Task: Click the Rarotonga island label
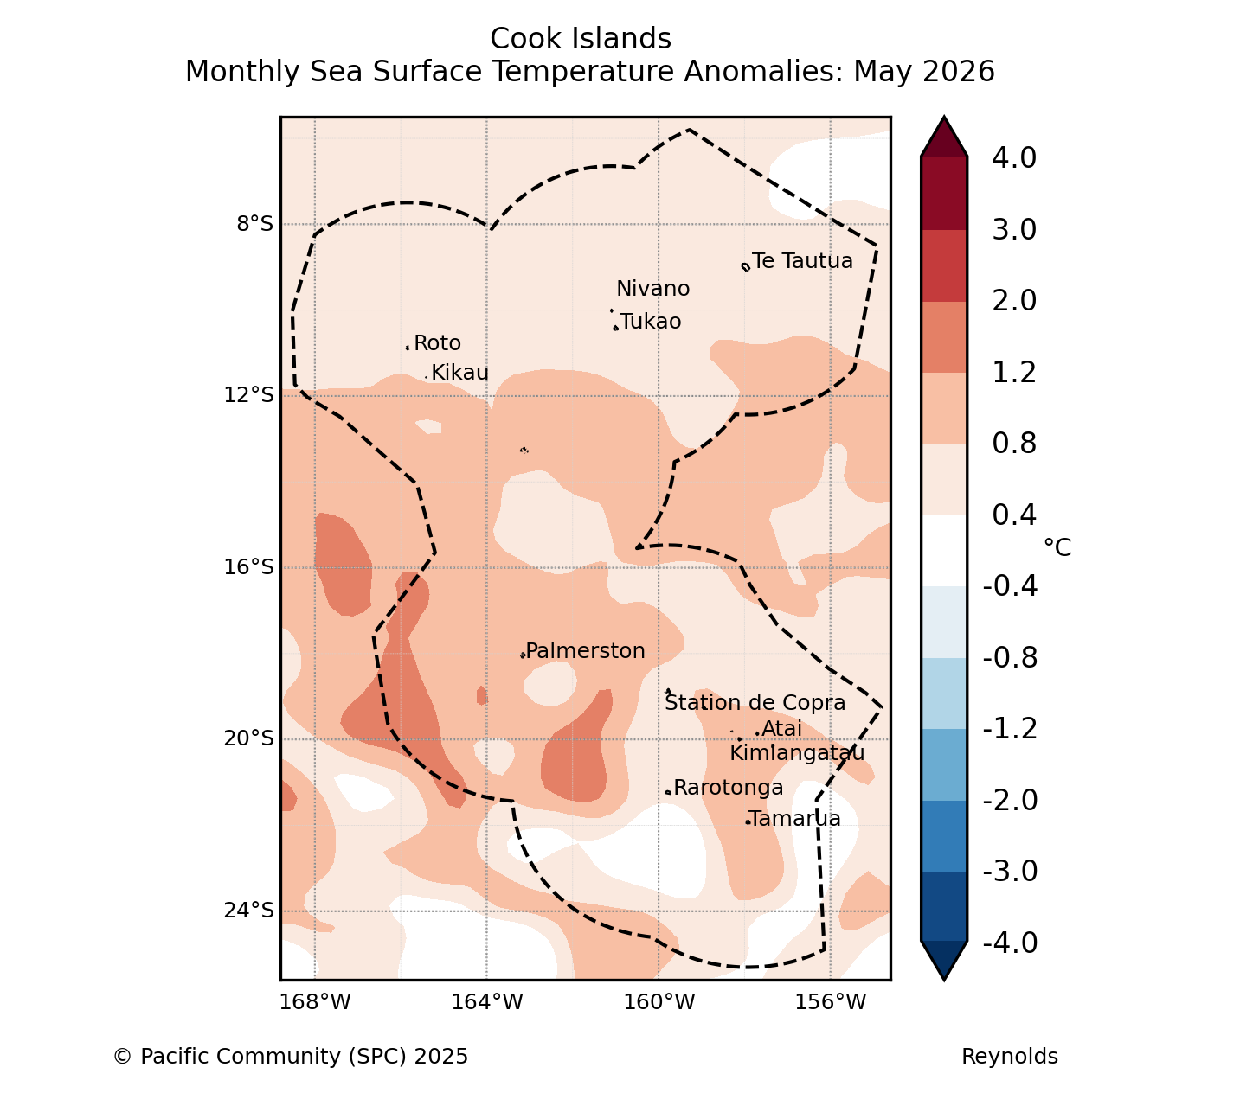(x=728, y=788)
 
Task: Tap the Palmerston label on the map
(x=585, y=651)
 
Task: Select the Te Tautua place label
(x=802, y=261)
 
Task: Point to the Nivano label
(x=653, y=289)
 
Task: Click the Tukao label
(x=651, y=322)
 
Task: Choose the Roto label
(x=438, y=343)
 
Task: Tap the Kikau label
(x=460, y=373)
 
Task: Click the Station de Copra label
(x=755, y=703)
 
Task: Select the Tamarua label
(x=794, y=819)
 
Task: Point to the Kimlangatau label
(x=798, y=753)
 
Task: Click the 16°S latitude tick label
(x=248, y=567)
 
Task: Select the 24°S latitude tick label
(x=248, y=911)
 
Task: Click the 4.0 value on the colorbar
(x=1014, y=157)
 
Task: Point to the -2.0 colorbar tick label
(x=1010, y=801)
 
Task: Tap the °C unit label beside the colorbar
(x=1057, y=547)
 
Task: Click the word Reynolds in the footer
(x=1010, y=1057)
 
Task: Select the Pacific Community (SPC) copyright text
(x=291, y=1057)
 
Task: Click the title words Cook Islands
(x=581, y=39)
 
